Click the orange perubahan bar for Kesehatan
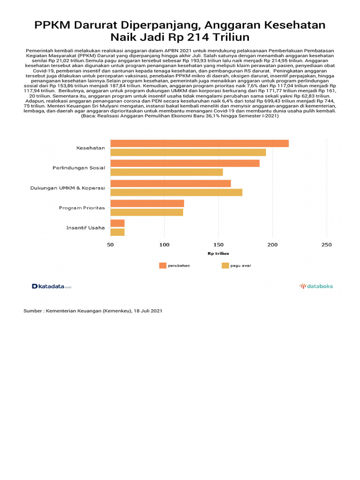(x=199, y=143)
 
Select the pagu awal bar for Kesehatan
(x=188, y=152)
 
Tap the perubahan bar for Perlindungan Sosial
(x=185, y=163)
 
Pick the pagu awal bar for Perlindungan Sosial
(x=166, y=172)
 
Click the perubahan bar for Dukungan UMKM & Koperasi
(x=171, y=183)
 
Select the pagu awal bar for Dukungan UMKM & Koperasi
(x=176, y=192)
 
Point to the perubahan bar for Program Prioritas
(x=147, y=203)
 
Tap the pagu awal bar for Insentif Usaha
(x=117, y=232)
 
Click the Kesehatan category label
(x=91, y=148)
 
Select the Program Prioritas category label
(x=82, y=208)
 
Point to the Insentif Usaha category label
(x=86, y=228)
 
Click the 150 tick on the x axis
(x=218, y=245)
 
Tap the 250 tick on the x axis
(x=327, y=245)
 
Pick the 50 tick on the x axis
(x=111, y=245)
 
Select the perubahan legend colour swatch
(x=163, y=265)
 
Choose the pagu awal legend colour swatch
(x=225, y=265)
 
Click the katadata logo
(x=51, y=286)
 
